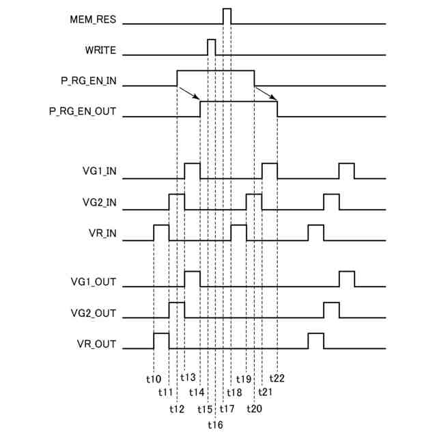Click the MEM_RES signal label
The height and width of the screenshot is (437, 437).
click(x=93, y=20)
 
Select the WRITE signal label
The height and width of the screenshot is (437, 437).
click(x=100, y=51)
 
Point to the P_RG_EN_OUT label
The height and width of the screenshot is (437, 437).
click(x=83, y=112)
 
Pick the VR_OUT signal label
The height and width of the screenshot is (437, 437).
click(x=98, y=343)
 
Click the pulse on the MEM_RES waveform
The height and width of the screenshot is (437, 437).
click(x=227, y=16)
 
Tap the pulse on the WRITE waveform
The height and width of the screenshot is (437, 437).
click(x=212, y=47)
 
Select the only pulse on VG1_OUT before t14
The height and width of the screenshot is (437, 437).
click(x=193, y=279)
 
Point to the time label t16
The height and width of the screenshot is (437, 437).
click(x=214, y=424)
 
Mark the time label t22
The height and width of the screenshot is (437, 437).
click(x=277, y=378)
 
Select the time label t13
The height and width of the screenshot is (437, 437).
click(x=188, y=378)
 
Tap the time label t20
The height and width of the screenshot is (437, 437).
click(x=253, y=409)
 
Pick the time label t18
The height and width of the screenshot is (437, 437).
click(x=234, y=393)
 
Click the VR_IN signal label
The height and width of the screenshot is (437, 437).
click(x=102, y=233)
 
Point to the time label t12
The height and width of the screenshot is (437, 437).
click(x=177, y=409)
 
